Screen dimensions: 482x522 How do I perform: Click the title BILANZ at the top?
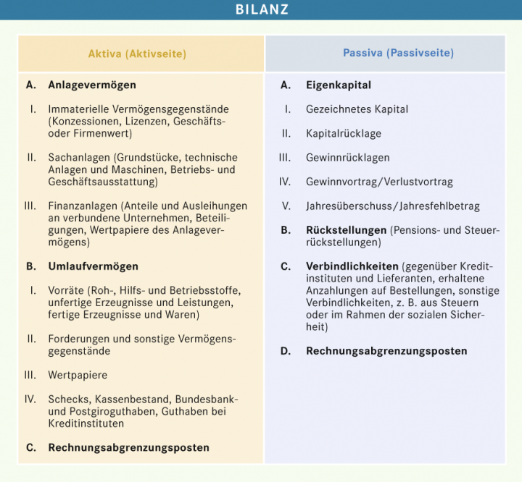[261, 9]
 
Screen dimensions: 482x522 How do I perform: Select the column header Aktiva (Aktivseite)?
[137, 54]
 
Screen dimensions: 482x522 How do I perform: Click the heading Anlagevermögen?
[92, 85]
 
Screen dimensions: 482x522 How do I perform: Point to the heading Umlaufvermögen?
[93, 266]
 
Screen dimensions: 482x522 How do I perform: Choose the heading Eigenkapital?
[339, 85]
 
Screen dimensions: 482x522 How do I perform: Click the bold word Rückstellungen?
[346, 230]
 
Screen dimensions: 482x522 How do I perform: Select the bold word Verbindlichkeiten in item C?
[352, 266]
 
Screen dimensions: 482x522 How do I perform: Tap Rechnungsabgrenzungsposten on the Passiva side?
[386, 351]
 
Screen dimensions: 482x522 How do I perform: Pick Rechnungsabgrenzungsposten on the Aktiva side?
[129, 447]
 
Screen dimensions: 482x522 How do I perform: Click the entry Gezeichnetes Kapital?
[357, 109]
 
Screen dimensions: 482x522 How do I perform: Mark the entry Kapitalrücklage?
[343, 133]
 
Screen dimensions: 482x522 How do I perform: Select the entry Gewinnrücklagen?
[347, 158]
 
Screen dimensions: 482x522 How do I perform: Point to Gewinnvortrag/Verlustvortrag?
[379, 182]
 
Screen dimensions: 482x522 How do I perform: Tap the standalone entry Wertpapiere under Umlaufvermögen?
[78, 375]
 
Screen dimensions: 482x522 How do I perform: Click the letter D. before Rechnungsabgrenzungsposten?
[286, 351]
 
